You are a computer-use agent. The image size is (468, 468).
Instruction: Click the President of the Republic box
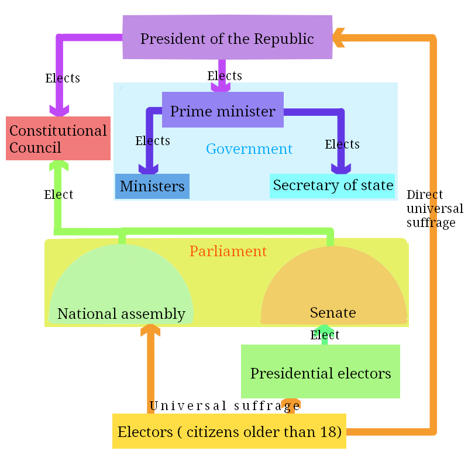227,37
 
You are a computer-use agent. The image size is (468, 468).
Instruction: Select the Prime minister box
222,110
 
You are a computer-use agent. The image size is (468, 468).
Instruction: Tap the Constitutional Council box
58,139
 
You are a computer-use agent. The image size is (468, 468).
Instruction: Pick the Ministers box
152,186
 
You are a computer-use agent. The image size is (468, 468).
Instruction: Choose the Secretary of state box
332,185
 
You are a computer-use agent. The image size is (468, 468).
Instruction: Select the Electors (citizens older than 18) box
229,432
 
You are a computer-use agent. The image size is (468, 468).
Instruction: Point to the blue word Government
249,149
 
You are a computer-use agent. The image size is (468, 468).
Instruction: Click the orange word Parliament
228,251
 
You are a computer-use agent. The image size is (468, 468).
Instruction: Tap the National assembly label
121,314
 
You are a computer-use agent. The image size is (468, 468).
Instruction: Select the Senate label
332,312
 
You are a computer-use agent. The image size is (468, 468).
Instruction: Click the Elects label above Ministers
153,140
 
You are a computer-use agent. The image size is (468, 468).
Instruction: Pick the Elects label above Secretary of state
342,144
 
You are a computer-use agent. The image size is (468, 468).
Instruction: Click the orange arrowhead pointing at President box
339,38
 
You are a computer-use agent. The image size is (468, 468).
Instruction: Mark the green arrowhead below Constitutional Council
58,166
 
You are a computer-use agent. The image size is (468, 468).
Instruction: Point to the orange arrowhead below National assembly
150,332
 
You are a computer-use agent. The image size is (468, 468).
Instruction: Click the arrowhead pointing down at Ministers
149,168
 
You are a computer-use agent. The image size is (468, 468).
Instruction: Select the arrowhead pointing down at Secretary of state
341,168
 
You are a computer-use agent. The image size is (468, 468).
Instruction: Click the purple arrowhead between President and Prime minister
221,85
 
